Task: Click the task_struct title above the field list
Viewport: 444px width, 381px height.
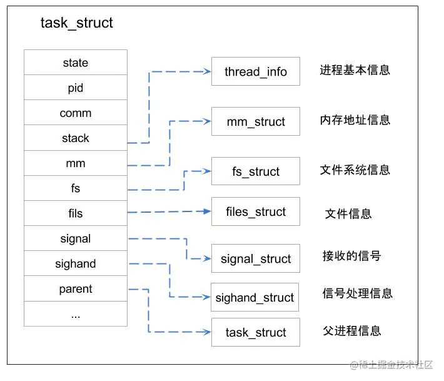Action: coord(76,24)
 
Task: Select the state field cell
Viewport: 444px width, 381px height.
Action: coord(76,63)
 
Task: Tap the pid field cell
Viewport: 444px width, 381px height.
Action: coord(76,88)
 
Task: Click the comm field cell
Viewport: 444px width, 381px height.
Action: coord(76,113)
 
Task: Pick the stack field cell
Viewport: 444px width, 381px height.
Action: coord(76,138)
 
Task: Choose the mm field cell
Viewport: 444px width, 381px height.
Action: coord(76,163)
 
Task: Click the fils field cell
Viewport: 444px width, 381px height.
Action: coord(76,213)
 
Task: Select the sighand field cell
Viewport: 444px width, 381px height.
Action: coord(76,264)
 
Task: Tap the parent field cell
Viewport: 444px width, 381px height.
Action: coord(76,289)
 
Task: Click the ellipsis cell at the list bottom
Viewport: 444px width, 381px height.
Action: coord(76,314)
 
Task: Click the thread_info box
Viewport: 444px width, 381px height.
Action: coord(256,71)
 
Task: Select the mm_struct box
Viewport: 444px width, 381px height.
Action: coord(256,121)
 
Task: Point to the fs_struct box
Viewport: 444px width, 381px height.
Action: coord(256,171)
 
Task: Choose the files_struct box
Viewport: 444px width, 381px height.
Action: coord(256,211)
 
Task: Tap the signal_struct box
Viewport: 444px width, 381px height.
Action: coord(256,258)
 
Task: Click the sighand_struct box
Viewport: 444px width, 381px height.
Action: coord(255,297)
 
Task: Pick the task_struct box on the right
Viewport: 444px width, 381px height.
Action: coord(256,332)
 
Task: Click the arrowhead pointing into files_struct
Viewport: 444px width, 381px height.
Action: coord(207,211)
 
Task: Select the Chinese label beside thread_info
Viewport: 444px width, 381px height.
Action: coord(355,70)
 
